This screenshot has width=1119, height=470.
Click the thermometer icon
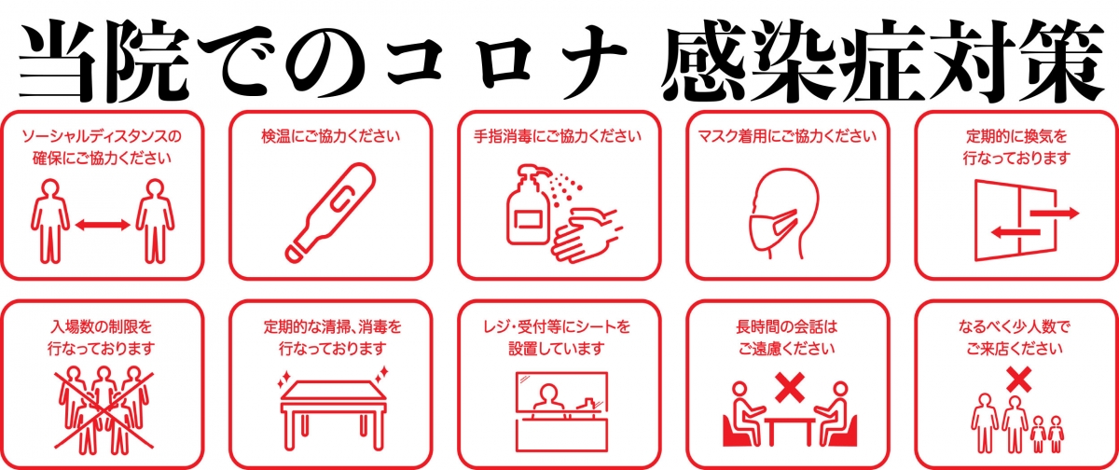(330, 212)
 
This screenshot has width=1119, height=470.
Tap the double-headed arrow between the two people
(103, 226)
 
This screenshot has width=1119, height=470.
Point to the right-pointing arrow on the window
(1055, 213)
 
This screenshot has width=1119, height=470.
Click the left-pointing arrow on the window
(1015, 232)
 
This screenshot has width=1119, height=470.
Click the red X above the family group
(1019, 380)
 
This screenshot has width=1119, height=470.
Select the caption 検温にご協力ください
(331, 136)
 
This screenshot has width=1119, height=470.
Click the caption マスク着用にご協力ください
(787, 136)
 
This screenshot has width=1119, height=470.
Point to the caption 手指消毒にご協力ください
(558, 136)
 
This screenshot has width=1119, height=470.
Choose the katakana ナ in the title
(590, 60)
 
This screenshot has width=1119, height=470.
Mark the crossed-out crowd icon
(104, 409)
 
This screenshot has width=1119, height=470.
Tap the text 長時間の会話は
(787, 327)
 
